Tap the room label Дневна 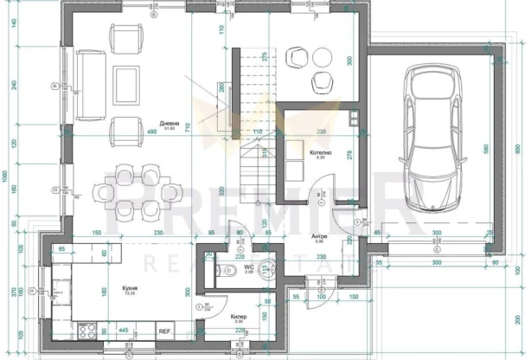coord(157,124)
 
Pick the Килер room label coord(240,317)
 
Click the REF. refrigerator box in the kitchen coord(164,331)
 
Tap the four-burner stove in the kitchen coord(87,331)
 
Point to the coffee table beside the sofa coord(125,83)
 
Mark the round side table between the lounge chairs coord(323,57)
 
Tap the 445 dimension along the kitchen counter coord(124,330)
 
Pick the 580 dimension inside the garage coord(487,149)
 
